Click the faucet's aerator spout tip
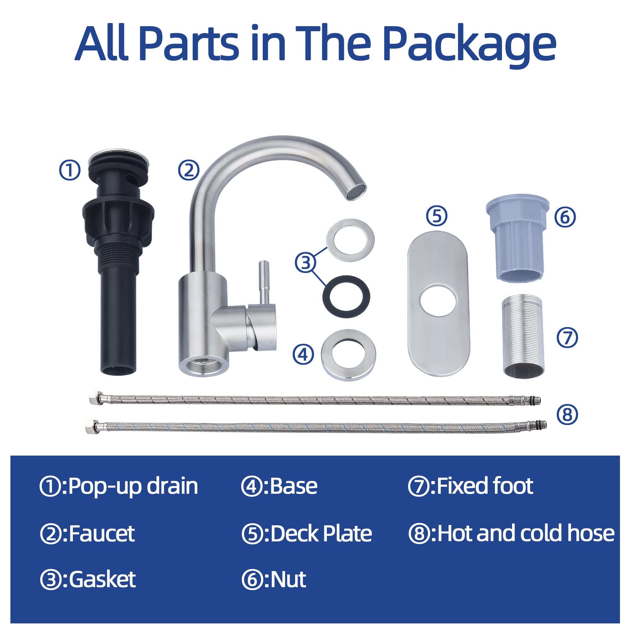[356, 192]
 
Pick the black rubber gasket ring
[346, 297]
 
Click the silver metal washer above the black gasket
[350, 240]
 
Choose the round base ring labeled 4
[348, 355]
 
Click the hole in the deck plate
[438, 300]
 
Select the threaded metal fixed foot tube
[523, 336]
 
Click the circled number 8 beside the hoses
[567, 415]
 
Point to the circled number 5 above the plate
[437, 216]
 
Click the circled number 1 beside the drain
[69, 170]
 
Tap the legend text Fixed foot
[485, 486]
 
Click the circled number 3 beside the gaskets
[306, 262]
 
